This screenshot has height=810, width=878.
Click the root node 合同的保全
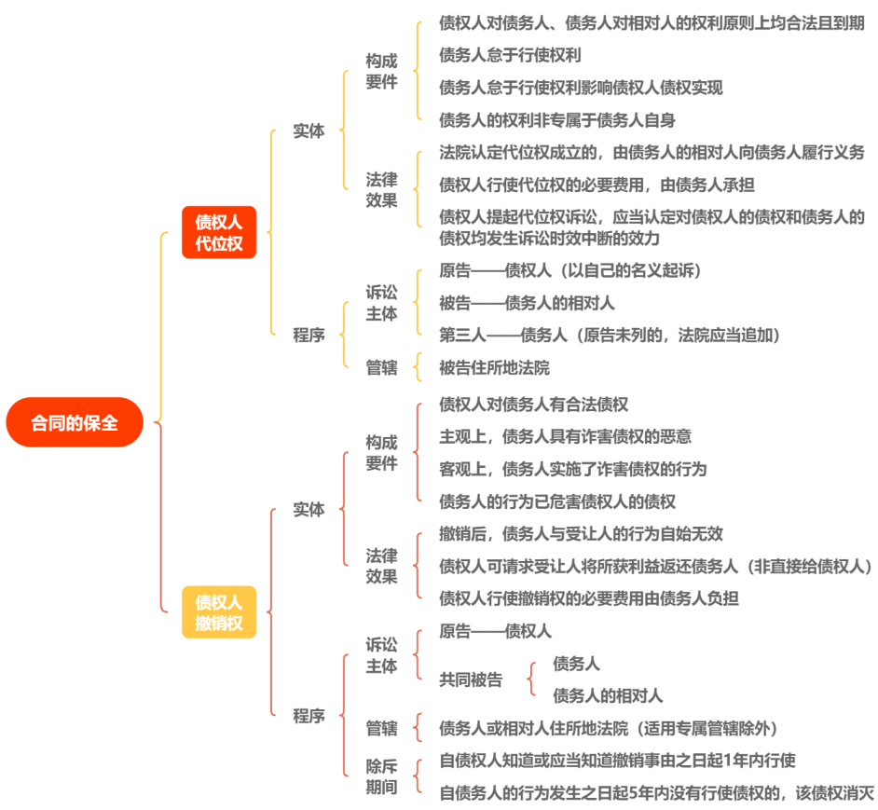(75, 422)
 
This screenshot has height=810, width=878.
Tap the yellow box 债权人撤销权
(218, 611)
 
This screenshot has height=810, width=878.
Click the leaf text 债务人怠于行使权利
(510, 55)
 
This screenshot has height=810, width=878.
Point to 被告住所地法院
(494, 367)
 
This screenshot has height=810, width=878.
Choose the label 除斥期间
(381, 777)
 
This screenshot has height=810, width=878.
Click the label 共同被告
(471, 680)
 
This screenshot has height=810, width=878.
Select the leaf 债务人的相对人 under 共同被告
(608, 695)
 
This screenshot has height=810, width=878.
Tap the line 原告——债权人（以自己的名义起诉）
(569, 270)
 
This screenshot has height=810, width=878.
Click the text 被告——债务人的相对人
(527, 303)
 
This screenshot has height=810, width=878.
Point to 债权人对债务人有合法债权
(533, 405)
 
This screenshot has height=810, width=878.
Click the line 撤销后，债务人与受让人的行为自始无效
(581, 534)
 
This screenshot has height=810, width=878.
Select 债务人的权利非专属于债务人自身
(557, 119)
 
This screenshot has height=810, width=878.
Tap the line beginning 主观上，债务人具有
(565, 436)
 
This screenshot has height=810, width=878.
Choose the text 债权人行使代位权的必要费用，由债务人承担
(597, 185)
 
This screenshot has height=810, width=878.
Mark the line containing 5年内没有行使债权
(656, 793)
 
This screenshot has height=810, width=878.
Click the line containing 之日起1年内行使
(617, 761)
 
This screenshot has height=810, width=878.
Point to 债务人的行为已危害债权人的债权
(557, 501)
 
